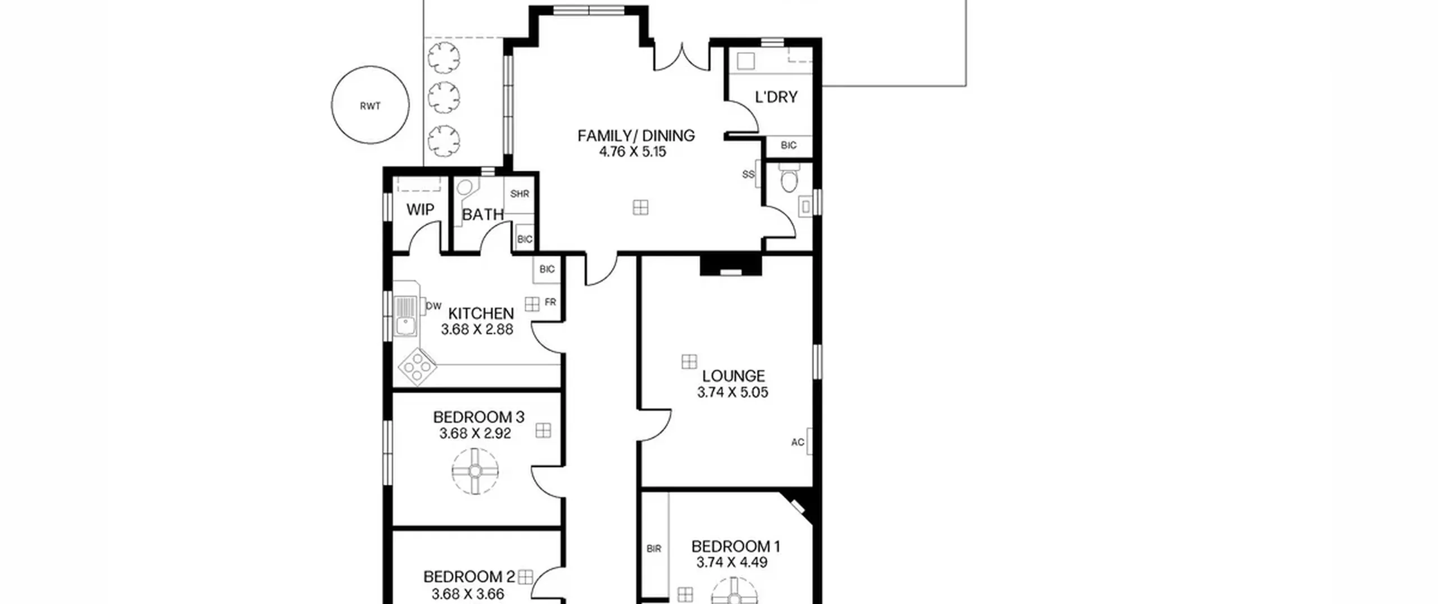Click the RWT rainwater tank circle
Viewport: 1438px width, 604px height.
(x=331, y=105)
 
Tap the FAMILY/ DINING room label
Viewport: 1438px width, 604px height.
(x=636, y=135)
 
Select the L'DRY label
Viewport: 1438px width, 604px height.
(x=776, y=97)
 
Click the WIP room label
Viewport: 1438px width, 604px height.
(x=420, y=210)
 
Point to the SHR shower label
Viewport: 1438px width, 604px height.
(x=520, y=194)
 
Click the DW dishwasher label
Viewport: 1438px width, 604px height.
(x=434, y=306)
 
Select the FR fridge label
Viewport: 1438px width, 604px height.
(x=550, y=302)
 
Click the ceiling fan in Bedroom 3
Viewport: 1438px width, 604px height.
(x=475, y=471)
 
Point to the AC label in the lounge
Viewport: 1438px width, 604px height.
(x=798, y=442)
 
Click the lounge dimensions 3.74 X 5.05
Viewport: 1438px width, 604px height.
(x=732, y=392)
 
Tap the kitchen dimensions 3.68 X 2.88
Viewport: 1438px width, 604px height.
(x=477, y=329)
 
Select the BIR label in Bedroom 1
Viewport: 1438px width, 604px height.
(x=654, y=549)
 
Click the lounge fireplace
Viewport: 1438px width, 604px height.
(x=731, y=265)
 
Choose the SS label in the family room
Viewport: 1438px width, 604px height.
(x=748, y=175)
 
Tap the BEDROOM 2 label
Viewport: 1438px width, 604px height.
(x=469, y=577)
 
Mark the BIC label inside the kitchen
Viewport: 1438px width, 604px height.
(x=547, y=269)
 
